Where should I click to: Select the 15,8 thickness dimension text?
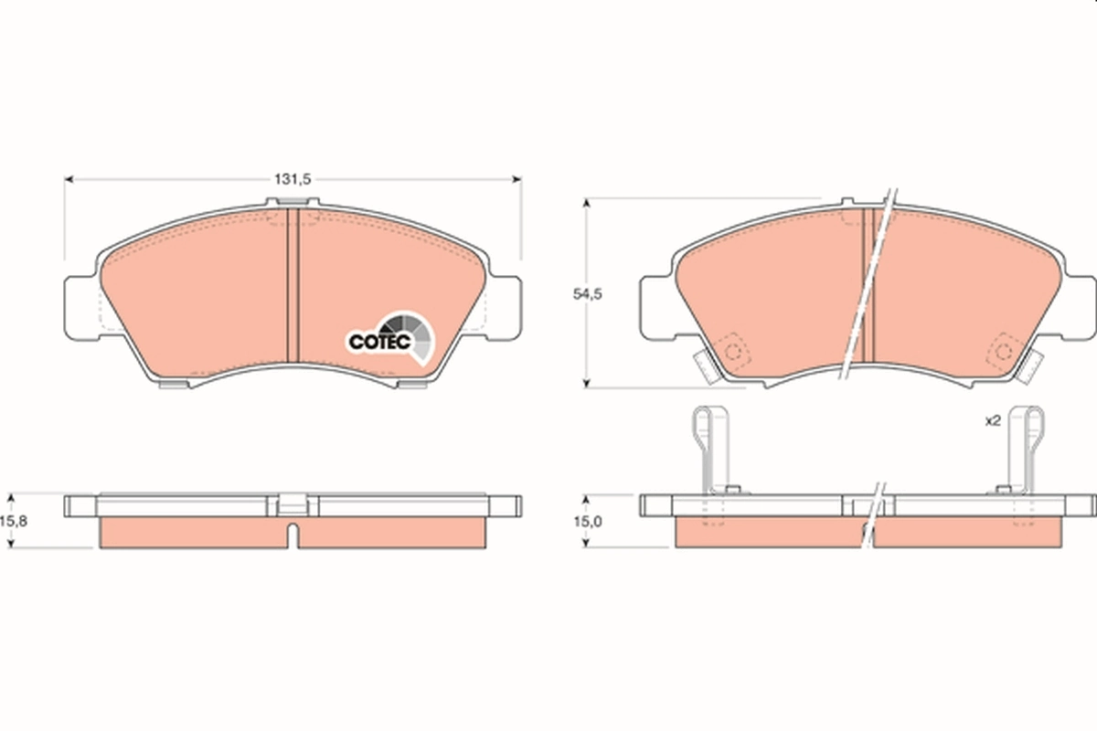coord(12,522)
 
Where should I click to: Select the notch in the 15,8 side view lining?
coord(292,535)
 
